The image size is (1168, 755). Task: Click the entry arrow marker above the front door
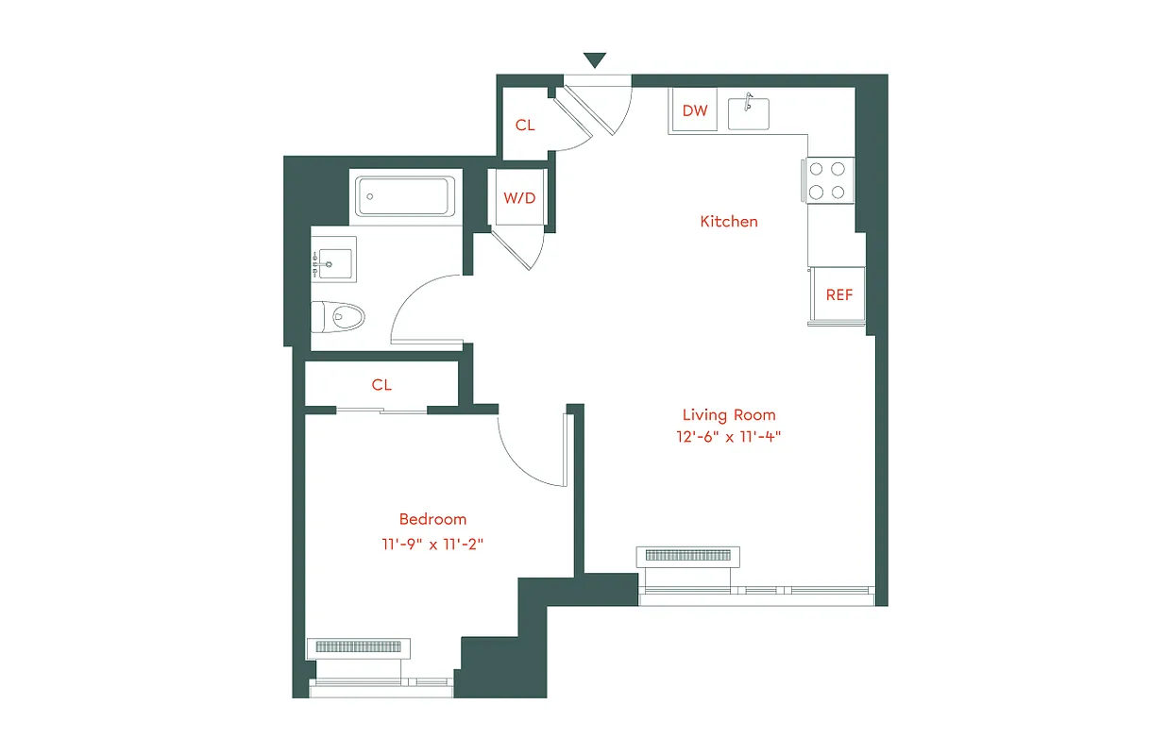pyautogui.click(x=594, y=60)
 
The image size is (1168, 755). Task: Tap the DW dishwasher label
pyautogui.click(x=695, y=110)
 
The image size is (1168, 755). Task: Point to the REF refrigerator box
pyautogui.click(x=838, y=294)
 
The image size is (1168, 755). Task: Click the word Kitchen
pyautogui.click(x=728, y=222)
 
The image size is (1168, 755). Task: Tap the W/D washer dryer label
pyautogui.click(x=518, y=198)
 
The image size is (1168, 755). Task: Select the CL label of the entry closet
pyautogui.click(x=525, y=125)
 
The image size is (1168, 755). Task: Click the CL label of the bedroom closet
pyautogui.click(x=381, y=385)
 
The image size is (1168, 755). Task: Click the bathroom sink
pyautogui.click(x=332, y=261)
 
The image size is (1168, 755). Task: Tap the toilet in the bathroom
pyautogui.click(x=339, y=315)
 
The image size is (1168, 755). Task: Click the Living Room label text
pyautogui.click(x=729, y=415)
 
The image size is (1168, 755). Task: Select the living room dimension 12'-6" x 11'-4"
pyautogui.click(x=729, y=437)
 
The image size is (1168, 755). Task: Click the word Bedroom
pyautogui.click(x=432, y=519)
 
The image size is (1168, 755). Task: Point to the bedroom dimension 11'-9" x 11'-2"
pyautogui.click(x=432, y=544)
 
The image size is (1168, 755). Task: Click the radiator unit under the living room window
pyautogui.click(x=688, y=556)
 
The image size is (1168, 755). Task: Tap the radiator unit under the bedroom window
pyautogui.click(x=359, y=647)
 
